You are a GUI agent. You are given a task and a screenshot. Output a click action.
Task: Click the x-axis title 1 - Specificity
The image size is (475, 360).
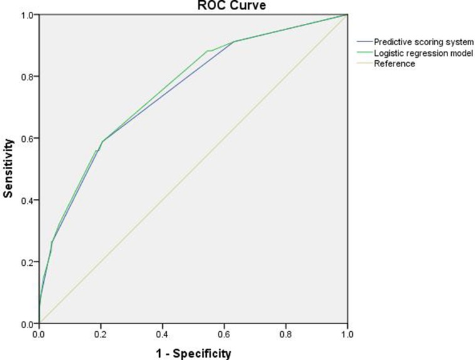click(193, 353)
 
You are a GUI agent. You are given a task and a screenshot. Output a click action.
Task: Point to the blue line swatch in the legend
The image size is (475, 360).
click(363, 42)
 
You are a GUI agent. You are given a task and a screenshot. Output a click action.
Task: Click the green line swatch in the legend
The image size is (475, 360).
click(363, 53)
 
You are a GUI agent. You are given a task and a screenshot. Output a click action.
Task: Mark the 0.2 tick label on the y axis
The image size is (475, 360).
click(27, 262)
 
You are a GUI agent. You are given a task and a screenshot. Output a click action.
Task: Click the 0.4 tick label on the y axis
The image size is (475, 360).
click(27, 200)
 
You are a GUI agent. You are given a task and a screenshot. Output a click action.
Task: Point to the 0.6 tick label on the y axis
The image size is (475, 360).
click(27, 139)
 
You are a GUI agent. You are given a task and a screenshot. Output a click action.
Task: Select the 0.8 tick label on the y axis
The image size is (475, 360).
click(27, 77)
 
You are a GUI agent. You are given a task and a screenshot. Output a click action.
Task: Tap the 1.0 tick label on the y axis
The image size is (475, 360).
click(27, 14)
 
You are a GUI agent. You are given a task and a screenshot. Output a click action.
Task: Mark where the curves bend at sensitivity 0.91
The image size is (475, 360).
click(234, 41)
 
